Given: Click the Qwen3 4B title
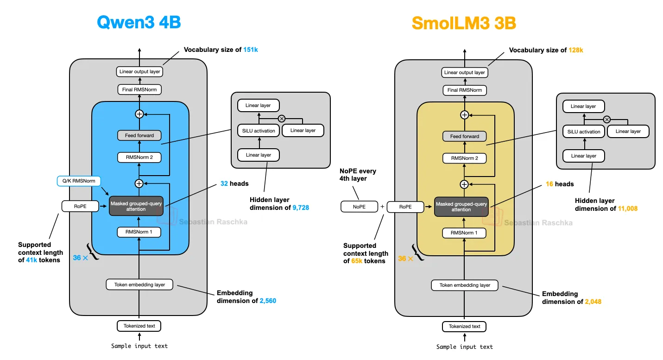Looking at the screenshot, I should tap(139, 22).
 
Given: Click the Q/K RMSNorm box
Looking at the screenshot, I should tap(78, 181).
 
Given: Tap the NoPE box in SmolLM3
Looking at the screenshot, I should tap(359, 207).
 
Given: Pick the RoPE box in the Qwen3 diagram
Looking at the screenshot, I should tap(80, 206).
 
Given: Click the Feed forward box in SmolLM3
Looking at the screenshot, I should tap(464, 136).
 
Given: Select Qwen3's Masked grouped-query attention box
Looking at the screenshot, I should tap(136, 206).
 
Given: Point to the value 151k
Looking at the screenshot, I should tap(251, 50).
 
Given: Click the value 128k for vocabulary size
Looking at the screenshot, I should tap(576, 50).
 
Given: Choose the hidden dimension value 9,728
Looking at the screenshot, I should tap(301, 208).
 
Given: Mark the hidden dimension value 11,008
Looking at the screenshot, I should tap(627, 208).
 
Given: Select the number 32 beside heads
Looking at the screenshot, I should tap(224, 183).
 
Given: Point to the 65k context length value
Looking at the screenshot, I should tap(358, 261).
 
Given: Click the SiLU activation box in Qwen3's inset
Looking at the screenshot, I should tap(259, 131).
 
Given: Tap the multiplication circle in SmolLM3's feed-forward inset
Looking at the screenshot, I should tap(606, 119).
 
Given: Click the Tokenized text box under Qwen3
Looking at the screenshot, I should tap(139, 326).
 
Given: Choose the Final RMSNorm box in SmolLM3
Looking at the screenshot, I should tap(464, 90).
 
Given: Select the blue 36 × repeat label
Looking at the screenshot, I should tap(81, 258).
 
